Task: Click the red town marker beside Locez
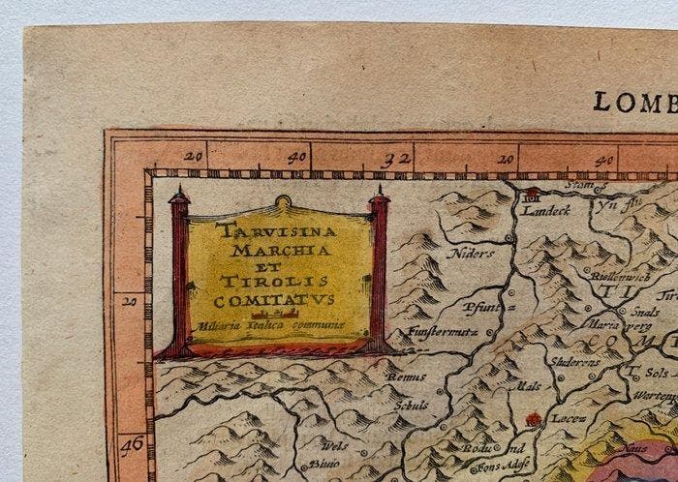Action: click(x=531, y=419)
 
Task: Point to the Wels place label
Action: click(x=334, y=446)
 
